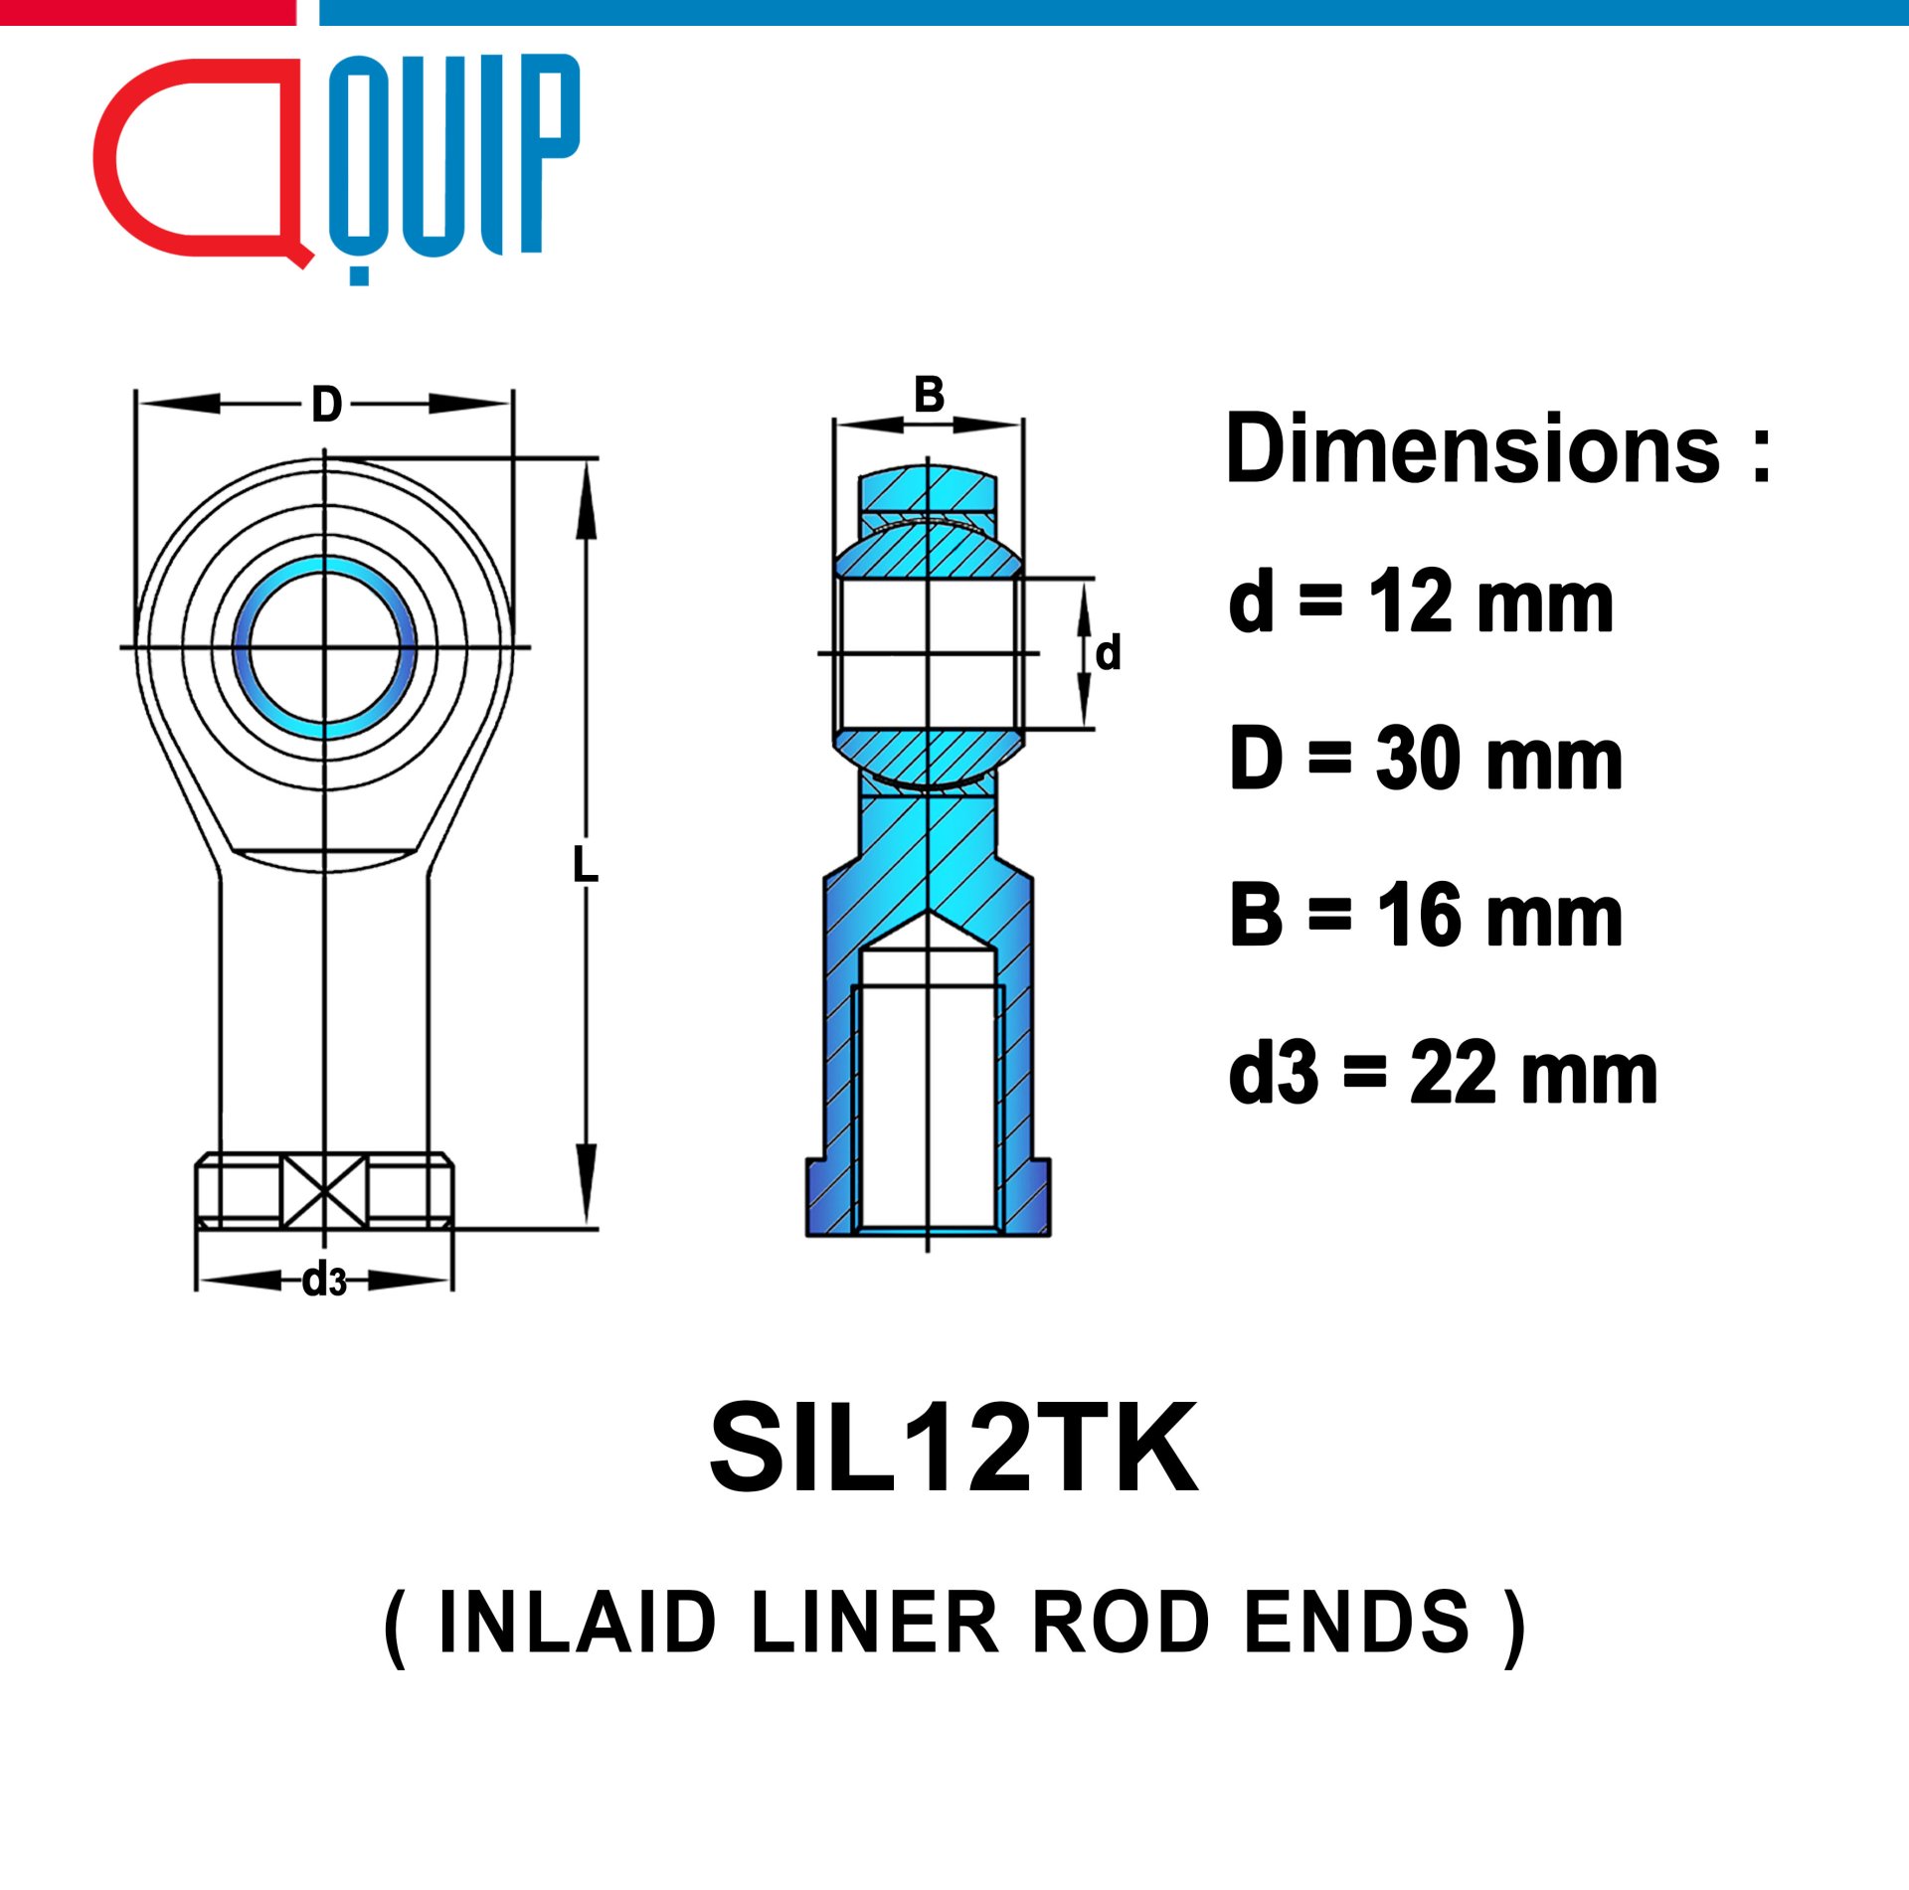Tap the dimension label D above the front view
(327, 405)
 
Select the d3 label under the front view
(325, 1280)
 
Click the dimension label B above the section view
(929, 395)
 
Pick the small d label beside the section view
(1108, 653)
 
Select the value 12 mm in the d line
(1490, 602)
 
